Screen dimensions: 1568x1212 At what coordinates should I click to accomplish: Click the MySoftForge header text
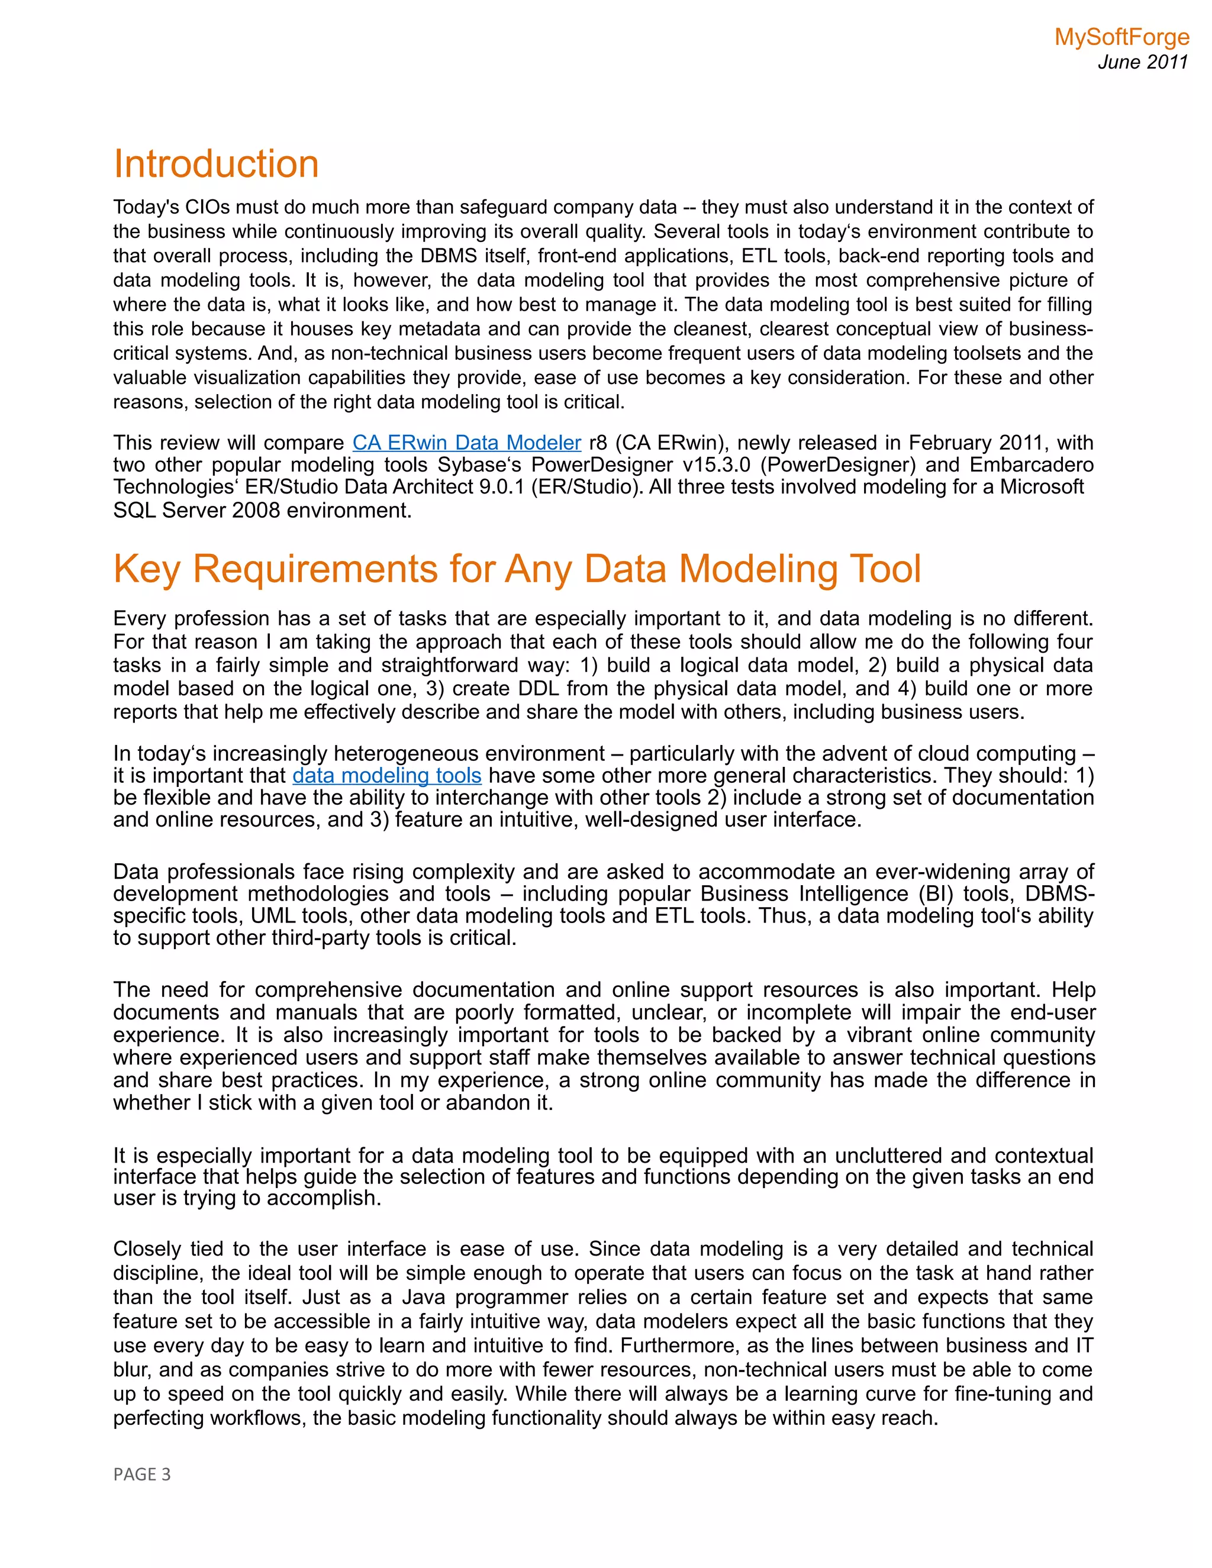click(x=1121, y=37)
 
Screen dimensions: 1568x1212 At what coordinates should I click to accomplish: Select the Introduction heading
click(x=216, y=164)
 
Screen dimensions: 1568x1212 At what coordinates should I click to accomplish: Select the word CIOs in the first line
click(x=208, y=208)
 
